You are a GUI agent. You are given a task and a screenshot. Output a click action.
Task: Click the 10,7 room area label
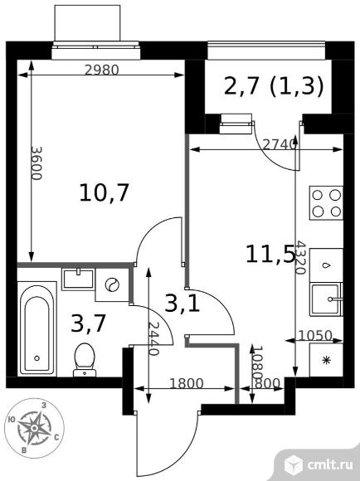(104, 193)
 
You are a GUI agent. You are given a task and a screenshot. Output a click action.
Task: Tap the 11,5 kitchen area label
(270, 255)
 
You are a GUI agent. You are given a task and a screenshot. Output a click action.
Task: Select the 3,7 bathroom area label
(89, 323)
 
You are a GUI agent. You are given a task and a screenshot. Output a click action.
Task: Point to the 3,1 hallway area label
(182, 303)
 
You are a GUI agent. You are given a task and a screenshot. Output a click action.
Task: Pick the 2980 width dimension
(101, 70)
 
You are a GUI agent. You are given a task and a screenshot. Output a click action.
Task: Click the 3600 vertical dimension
(36, 163)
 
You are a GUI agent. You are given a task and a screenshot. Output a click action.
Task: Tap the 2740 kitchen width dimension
(280, 144)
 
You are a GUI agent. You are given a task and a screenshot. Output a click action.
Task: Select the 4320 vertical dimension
(299, 258)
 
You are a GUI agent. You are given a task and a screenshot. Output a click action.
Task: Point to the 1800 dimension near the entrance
(187, 383)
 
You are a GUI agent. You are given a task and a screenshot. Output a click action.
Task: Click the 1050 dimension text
(315, 335)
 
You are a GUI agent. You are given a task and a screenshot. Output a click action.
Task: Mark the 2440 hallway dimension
(153, 338)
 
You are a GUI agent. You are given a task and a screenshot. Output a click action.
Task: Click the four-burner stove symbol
(326, 203)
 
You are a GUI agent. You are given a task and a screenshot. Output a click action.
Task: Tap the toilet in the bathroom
(85, 360)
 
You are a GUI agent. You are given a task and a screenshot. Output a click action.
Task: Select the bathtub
(37, 329)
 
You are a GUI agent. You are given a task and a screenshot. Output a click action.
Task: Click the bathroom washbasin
(78, 279)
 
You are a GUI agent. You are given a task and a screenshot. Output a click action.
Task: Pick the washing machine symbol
(112, 285)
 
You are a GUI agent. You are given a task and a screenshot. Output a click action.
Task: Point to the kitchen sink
(326, 299)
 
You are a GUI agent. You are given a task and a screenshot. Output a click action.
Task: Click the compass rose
(35, 428)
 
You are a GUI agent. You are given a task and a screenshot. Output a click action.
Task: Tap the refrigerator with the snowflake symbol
(326, 360)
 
